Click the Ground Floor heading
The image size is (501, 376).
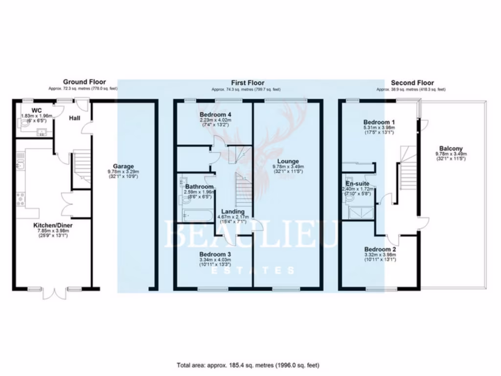pyautogui.click(x=84, y=82)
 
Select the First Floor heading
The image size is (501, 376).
pyautogui.click(x=248, y=83)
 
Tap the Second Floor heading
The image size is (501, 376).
pyautogui.click(x=412, y=83)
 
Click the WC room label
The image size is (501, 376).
pyautogui.click(x=36, y=110)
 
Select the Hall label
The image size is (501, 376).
pyautogui.click(x=75, y=117)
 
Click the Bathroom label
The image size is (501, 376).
pyautogui.click(x=199, y=187)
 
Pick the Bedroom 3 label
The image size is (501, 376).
pyautogui.click(x=215, y=254)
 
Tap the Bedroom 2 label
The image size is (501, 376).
pyautogui.click(x=380, y=249)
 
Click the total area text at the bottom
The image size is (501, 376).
pyautogui.click(x=248, y=365)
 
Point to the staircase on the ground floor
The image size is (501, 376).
pyautogui.click(x=82, y=166)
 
